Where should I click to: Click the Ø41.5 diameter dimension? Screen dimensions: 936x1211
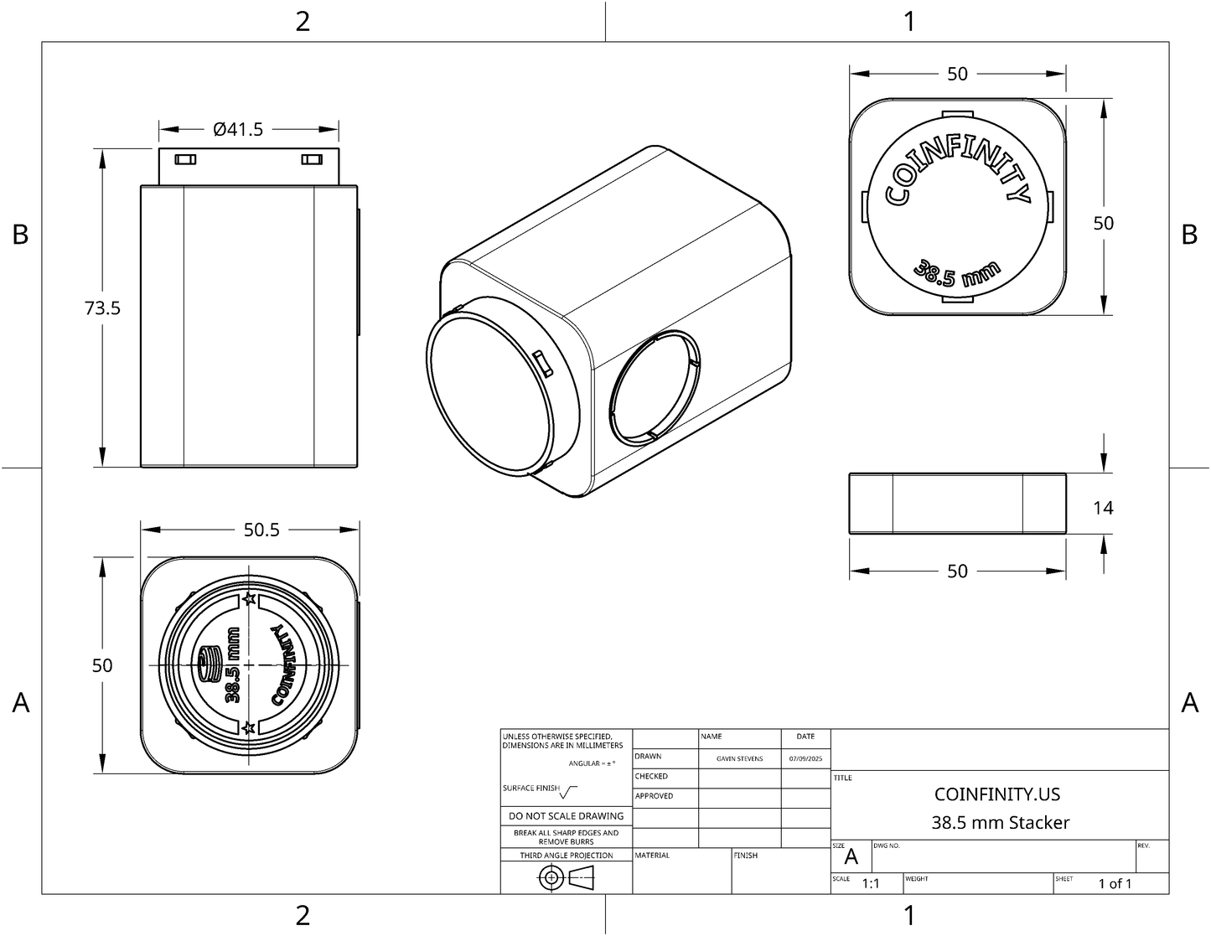point(239,129)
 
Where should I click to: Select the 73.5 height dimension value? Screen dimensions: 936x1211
point(102,308)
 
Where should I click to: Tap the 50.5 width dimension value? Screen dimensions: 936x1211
point(261,530)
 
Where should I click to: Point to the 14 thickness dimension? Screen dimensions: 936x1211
point(1103,507)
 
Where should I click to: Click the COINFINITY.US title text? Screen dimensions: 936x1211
point(996,794)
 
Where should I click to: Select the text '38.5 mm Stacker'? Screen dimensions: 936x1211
point(1000,822)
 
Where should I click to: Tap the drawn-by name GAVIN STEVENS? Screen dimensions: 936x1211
point(739,758)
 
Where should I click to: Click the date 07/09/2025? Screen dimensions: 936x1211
point(805,758)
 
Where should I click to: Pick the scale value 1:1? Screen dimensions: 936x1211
point(871,883)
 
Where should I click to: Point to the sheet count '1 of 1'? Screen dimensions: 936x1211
point(1115,883)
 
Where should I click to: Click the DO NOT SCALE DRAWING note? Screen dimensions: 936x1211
point(567,815)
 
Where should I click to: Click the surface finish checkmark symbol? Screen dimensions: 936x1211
point(569,791)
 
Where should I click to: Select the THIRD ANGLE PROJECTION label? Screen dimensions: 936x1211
point(567,856)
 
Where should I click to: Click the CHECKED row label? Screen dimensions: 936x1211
point(651,777)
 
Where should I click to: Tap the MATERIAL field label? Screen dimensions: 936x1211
point(653,856)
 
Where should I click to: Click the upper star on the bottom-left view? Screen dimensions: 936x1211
point(248,599)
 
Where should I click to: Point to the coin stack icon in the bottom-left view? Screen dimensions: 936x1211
point(207,664)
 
